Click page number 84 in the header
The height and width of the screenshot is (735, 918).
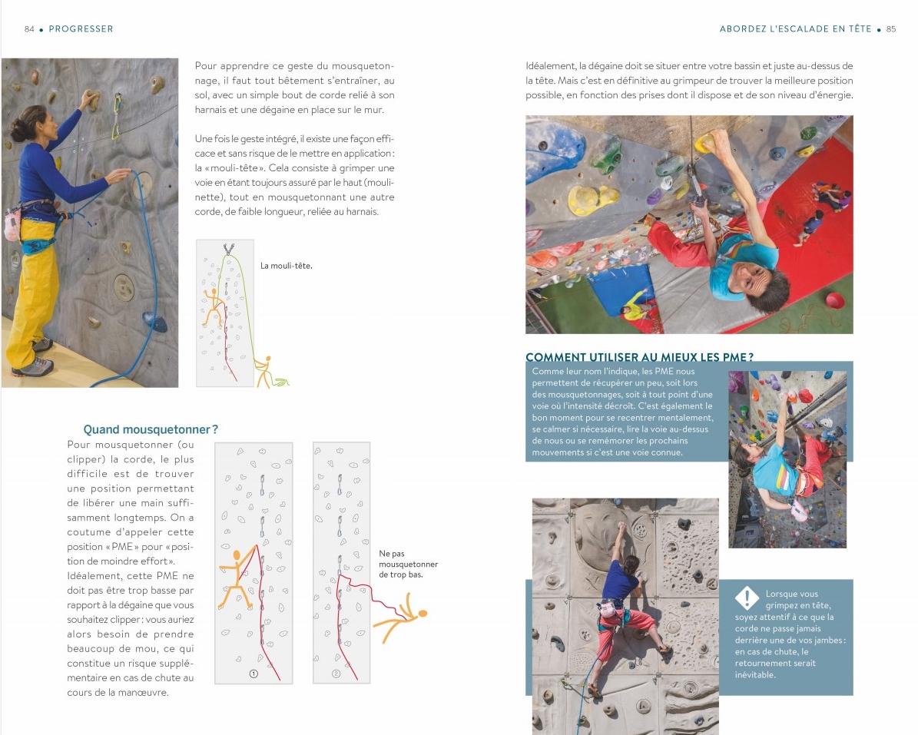coord(29,29)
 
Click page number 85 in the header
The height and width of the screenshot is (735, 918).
coord(891,29)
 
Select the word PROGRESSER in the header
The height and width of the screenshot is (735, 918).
coord(81,29)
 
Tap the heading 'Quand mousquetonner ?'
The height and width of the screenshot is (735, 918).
coord(151,429)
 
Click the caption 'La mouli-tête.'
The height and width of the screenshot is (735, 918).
coord(287,267)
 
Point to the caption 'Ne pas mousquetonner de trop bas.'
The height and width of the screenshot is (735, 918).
coord(408,564)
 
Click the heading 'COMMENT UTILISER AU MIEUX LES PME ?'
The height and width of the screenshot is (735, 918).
coord(639,357)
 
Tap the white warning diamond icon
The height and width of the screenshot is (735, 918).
coord(747,598)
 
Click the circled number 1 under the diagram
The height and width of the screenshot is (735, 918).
coord(254,674)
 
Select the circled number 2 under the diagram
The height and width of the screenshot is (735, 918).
coord(336,674)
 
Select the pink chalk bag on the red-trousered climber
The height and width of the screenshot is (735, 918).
coord(608,610)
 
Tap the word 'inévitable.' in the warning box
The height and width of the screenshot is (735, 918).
coord(755,675)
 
